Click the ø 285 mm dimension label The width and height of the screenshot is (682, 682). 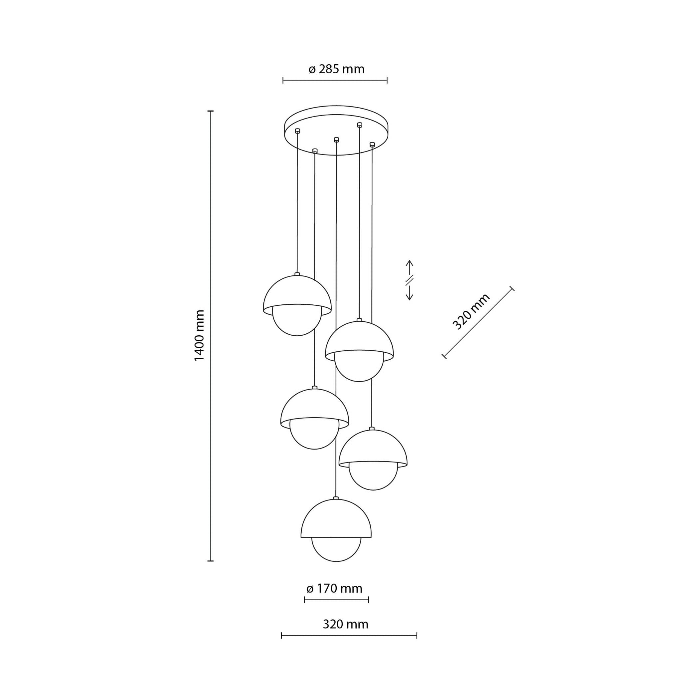(x=336, y=69)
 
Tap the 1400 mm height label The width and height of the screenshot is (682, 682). (x=199, y=335)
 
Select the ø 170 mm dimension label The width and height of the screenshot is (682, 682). (x=334, y=588)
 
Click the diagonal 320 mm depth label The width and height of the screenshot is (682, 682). (x=471, y=311)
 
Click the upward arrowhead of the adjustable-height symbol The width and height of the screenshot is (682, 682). (x=409, y=263)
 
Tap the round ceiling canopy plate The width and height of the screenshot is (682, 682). (x=336, y=130)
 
